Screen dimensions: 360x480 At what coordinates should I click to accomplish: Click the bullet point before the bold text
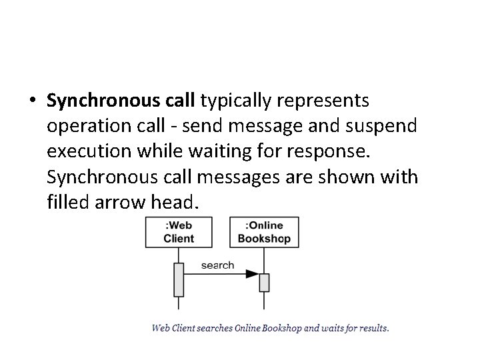33,101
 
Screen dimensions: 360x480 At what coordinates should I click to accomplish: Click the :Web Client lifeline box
179,233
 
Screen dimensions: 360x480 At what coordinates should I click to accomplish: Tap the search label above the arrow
217,265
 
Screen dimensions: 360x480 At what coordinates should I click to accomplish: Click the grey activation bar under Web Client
179,279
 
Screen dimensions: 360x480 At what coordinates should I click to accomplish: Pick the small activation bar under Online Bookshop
264,283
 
